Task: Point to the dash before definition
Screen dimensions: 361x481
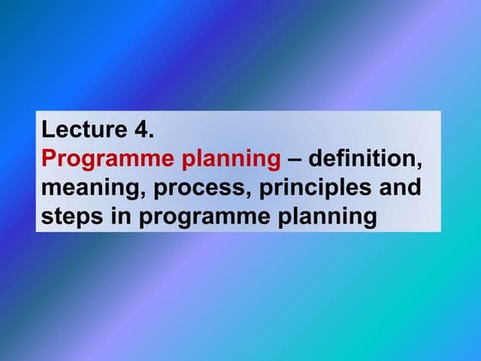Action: (295, 159)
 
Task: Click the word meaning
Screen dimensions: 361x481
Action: (86, 187)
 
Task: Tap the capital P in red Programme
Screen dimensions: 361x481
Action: (49, 159)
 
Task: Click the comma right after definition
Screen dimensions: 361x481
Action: (421, 165)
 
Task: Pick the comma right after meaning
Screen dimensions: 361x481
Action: (133, 193)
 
